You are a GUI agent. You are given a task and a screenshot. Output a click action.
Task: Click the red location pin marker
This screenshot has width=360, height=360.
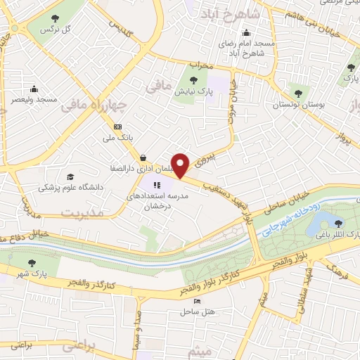(x=181, y=164)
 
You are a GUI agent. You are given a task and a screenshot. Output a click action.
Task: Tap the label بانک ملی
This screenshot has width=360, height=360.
(x=119, y=139)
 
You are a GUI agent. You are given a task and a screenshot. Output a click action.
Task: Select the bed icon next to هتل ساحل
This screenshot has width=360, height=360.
(x=198, y=301)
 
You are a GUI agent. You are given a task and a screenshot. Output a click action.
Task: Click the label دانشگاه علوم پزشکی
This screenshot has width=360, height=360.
(x=70, y=188)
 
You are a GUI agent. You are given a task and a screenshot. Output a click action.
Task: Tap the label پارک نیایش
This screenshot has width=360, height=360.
(x=194, y=91)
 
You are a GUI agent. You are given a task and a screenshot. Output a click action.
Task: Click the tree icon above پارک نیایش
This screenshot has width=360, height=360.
(x=194, y=79)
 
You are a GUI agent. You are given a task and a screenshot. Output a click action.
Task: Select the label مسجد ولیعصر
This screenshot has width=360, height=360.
(x=33, y=100)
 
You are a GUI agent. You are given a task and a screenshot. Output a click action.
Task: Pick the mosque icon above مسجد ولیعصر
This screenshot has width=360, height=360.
(x=33, y=89)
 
